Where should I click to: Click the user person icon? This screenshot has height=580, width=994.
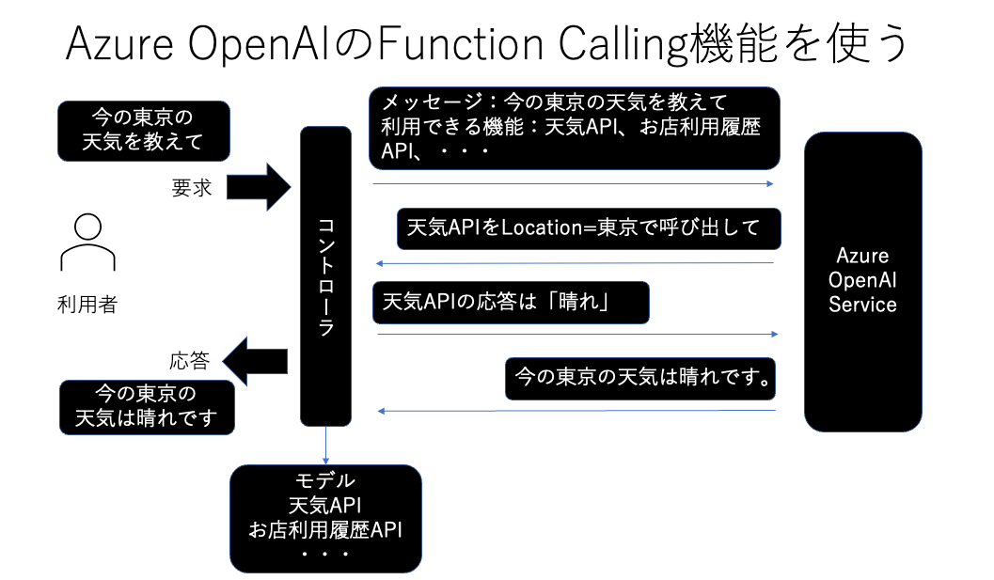pos(87,243)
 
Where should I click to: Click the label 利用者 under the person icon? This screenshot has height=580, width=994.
pos(87,305)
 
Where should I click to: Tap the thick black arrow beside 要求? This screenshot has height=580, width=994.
pos(259,187)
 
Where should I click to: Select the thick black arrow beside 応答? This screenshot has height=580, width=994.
pos(255,361)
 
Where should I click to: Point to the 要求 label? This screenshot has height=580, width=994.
pos(192,188)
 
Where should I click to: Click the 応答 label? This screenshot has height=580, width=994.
pos(190,361)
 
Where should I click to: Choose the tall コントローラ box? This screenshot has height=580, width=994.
pos(325,276)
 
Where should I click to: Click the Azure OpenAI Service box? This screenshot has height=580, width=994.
pos(862,281)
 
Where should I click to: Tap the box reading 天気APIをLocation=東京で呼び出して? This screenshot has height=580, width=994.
pos(589,228)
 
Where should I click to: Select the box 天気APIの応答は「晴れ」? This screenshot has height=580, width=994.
pos(511,303)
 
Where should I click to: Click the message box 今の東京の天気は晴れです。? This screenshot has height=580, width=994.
pos(640,379)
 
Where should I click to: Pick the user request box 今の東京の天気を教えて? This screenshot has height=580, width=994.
pos(144,131)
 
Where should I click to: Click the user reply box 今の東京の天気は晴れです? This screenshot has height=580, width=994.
pos(147,407)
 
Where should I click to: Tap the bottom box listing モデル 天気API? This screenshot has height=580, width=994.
pos(325,519)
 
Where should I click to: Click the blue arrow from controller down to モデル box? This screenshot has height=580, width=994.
pos(325,446)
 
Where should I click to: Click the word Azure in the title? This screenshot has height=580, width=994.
pos(119,44)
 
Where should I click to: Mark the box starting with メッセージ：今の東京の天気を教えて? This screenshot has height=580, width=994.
pos(575,128)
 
